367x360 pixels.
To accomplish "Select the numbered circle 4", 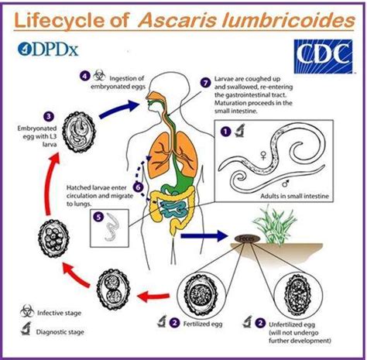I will point(84,75).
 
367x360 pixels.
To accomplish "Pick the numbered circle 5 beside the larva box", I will point(99,217).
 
